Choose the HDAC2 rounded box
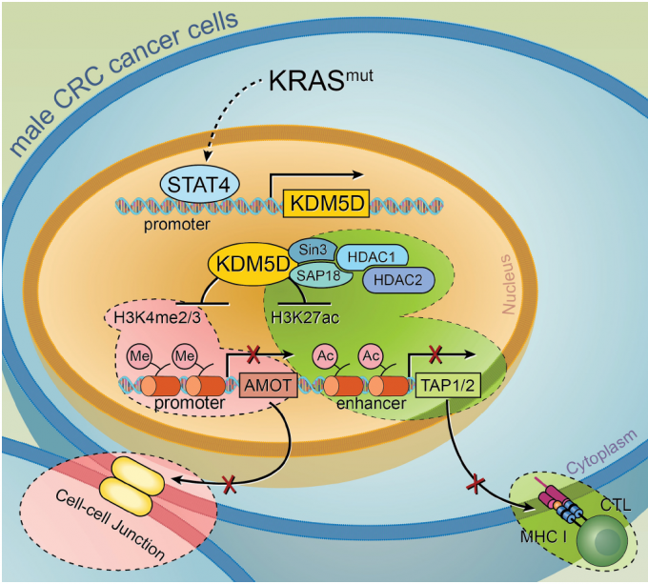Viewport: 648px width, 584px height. [x=399, y=280]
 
